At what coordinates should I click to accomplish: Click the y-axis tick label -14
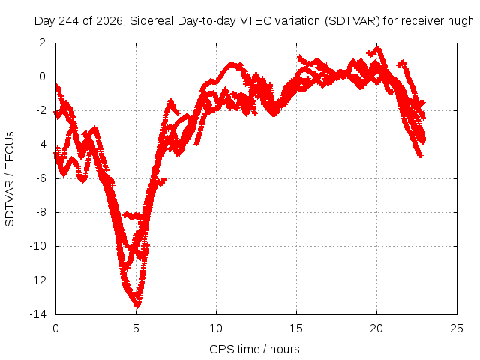coord(37,314)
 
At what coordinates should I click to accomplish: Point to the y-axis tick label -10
coord(37,246)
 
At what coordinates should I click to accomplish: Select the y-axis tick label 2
coord(42,43)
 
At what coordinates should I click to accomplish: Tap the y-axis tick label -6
coord(40,178)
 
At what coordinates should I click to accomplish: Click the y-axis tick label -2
coord(40,110)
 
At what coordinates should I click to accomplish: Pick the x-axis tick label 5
coord(136,328)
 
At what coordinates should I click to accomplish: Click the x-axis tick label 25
coord(457,328)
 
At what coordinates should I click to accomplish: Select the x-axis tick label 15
coord(296,328)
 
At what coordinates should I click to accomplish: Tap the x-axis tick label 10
coord(216,328)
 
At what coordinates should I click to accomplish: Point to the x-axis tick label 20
coord(376,328)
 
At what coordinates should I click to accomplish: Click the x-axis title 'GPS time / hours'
coord(254,349)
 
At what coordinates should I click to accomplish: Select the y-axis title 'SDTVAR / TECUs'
coord(10,179)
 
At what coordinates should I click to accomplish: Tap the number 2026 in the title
coord(109,21)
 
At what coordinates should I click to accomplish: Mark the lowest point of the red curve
coord(137,307)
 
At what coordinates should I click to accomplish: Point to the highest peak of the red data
coord(378,47)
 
